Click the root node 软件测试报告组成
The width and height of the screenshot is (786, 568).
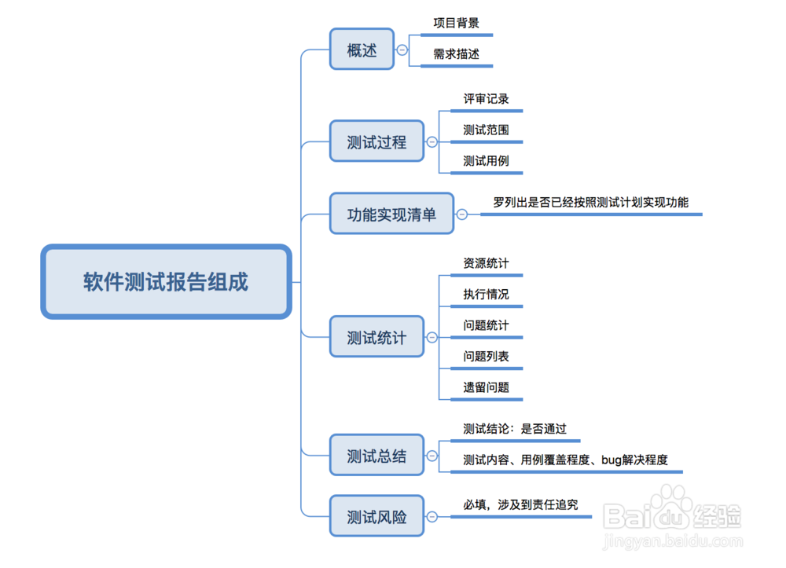(166, 282)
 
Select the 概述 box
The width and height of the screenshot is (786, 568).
(362, 50)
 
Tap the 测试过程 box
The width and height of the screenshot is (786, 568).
(376, 141)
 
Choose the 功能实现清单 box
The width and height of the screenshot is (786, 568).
(391, 214)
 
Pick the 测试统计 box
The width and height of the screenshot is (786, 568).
(376, 338)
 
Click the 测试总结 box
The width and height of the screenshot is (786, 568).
(376, 456)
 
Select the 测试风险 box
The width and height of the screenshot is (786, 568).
(376, 517)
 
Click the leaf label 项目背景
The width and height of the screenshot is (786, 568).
(456, 23)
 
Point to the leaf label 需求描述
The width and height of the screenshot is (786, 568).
(456, 54)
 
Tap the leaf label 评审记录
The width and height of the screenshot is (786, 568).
(486, 99)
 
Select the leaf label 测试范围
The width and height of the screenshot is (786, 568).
(486, 130)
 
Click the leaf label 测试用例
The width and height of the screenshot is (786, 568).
(486, 160)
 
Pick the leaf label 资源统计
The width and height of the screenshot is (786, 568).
(486, 262)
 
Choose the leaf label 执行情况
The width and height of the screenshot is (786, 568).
(486, 294)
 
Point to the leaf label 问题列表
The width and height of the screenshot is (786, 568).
(486, 356)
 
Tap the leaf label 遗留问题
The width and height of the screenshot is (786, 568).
(486, 387)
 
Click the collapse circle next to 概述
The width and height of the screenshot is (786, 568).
(402, 49)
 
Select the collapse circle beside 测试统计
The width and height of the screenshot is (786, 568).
(432, 338)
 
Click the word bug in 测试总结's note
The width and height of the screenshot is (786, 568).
(612, 460)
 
